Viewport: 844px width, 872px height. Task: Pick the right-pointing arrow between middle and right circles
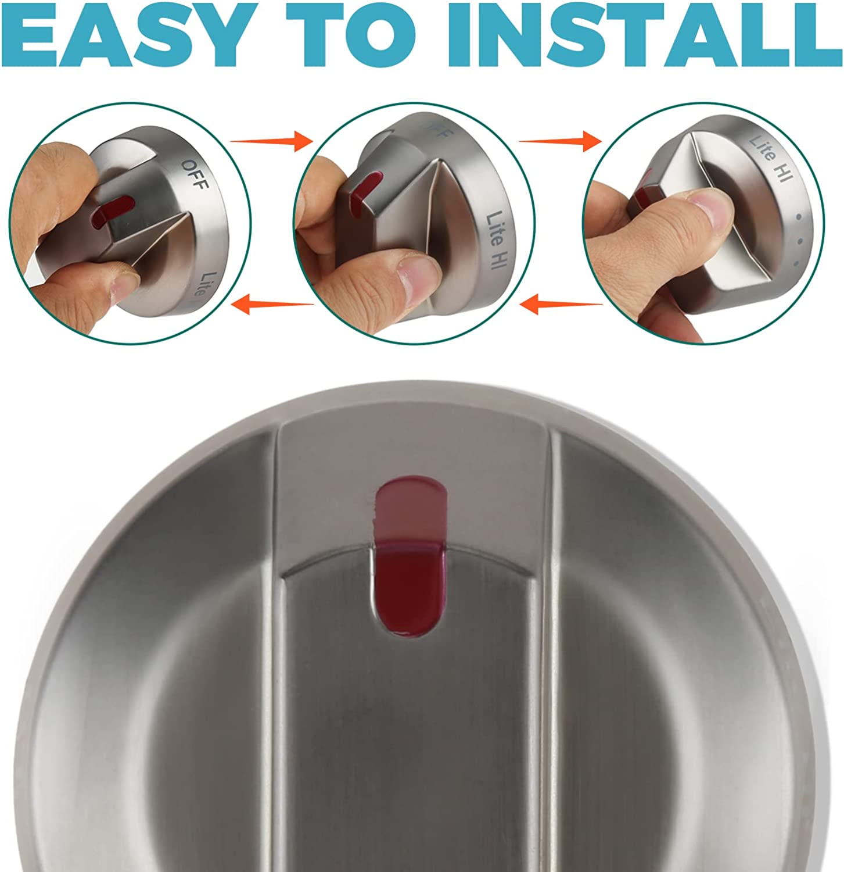[560, 141]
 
